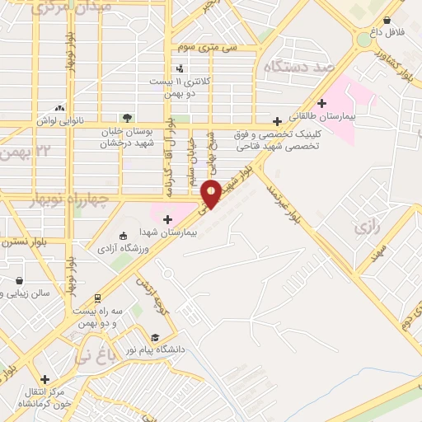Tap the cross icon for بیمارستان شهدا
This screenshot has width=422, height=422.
[167, 219]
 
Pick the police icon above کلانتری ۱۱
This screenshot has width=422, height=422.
[180, 68]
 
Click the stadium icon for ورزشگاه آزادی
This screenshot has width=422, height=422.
[123, 235]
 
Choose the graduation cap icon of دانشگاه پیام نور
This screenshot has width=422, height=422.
[155, 338]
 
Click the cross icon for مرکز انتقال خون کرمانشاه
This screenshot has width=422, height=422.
[45, 380]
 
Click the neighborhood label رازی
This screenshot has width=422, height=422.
[363, 226]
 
